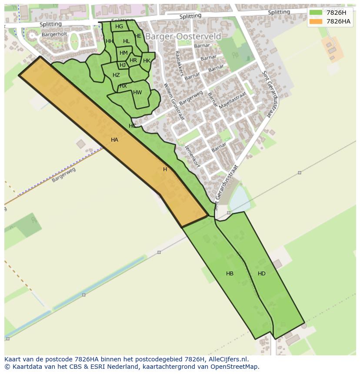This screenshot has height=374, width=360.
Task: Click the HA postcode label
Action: point(114,140)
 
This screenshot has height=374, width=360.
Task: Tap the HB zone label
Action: point(230,274)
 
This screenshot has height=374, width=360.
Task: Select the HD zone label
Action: point(261,274)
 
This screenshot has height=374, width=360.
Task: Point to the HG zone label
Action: point(119,26)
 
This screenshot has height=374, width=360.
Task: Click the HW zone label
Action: point(137,93)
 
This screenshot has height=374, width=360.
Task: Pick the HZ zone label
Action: point(116,75)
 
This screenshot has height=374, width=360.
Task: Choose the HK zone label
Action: point(147,61)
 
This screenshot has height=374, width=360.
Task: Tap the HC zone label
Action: point(132,126)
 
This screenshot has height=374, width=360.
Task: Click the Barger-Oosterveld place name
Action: point(183,36)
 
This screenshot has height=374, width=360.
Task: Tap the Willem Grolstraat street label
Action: point(173,102)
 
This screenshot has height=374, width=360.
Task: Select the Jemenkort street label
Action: point(191,155)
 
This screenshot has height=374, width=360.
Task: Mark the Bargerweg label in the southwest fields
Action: point(63,174)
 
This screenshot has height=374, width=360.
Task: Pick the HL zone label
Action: point(126,42)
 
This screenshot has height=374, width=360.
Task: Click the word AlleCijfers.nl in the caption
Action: point(227,359)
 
